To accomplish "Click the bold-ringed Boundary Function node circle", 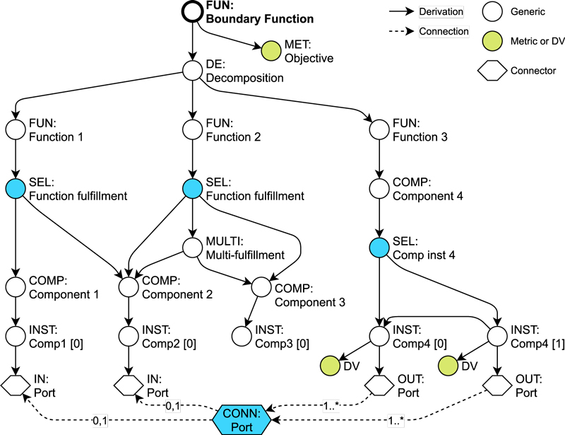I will (192, 13).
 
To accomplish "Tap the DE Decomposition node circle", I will (192, 70).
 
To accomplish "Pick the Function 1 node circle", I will (16, 129).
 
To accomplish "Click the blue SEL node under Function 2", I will (192, 189).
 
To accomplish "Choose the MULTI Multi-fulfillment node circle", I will (192, 248).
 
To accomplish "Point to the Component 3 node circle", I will (261, 286).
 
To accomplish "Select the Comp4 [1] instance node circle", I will (497, 335).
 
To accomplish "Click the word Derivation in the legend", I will (441, 12).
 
